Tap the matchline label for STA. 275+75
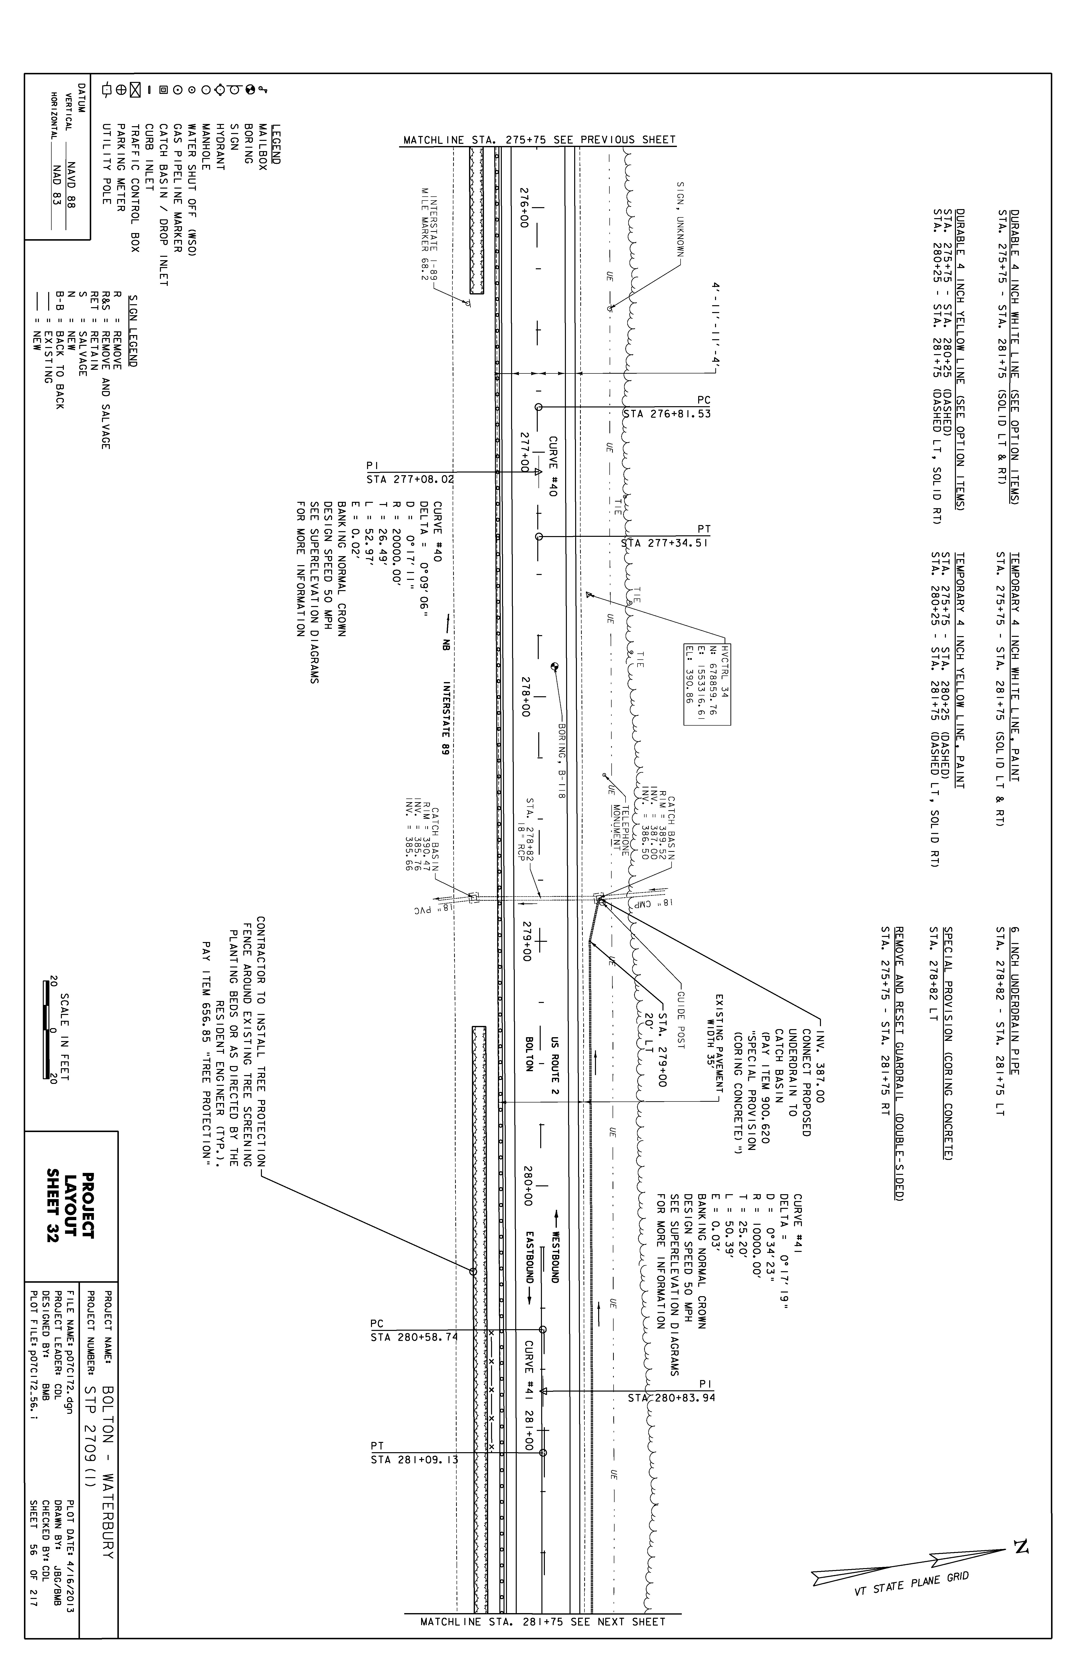539,140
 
